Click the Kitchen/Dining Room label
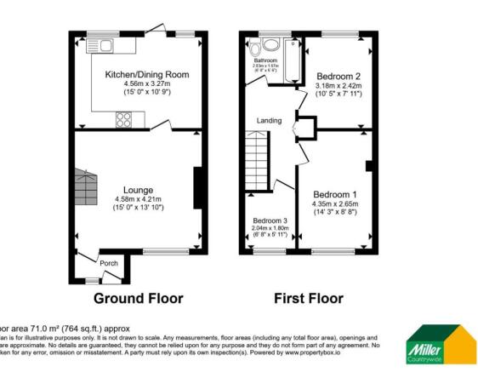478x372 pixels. coord(146,75)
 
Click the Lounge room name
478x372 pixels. coord(138,190)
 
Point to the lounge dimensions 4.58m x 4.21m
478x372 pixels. coord(138,199)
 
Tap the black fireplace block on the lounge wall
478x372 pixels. coord(196,188)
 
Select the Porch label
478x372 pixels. coord(109,263)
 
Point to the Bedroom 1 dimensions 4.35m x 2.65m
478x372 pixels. coord(333,204)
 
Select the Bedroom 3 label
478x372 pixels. coord(270,220)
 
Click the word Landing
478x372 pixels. coord(270,120)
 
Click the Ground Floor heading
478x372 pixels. coord(138,298)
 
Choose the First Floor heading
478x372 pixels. coord(308,298)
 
